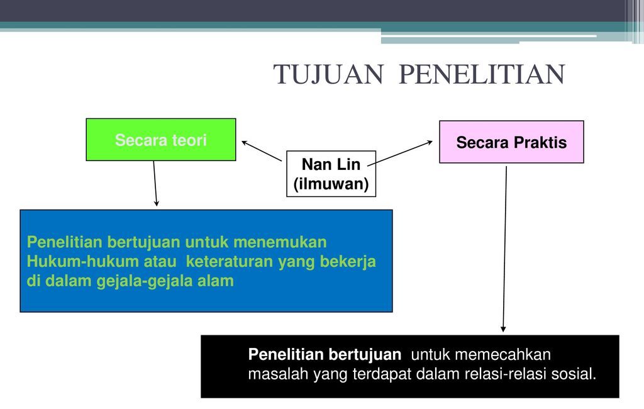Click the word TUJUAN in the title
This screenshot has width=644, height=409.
click(x=328, y=74)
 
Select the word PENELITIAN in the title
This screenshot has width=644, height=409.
click(x=482, y=74)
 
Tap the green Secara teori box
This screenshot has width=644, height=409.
click(x=161, y=139)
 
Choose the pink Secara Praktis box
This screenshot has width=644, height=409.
click(x=511, y=142)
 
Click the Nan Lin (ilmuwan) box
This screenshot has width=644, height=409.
click(x=331, y=174)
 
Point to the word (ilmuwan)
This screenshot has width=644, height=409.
click(x=331, y=184)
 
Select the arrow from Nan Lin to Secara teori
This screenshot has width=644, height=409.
click(x=262, y=151)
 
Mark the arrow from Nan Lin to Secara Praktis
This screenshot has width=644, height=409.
click(x=400, y=153)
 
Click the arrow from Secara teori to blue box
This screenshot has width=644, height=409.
click(x=155, y=183)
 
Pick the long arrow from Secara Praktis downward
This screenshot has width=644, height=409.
click(x=505, y=249)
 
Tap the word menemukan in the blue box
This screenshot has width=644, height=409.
click(x=280, y=242)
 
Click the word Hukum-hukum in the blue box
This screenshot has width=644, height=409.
click(x=82, y=261)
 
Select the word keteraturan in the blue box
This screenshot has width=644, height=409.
click(x=230, y=261)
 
